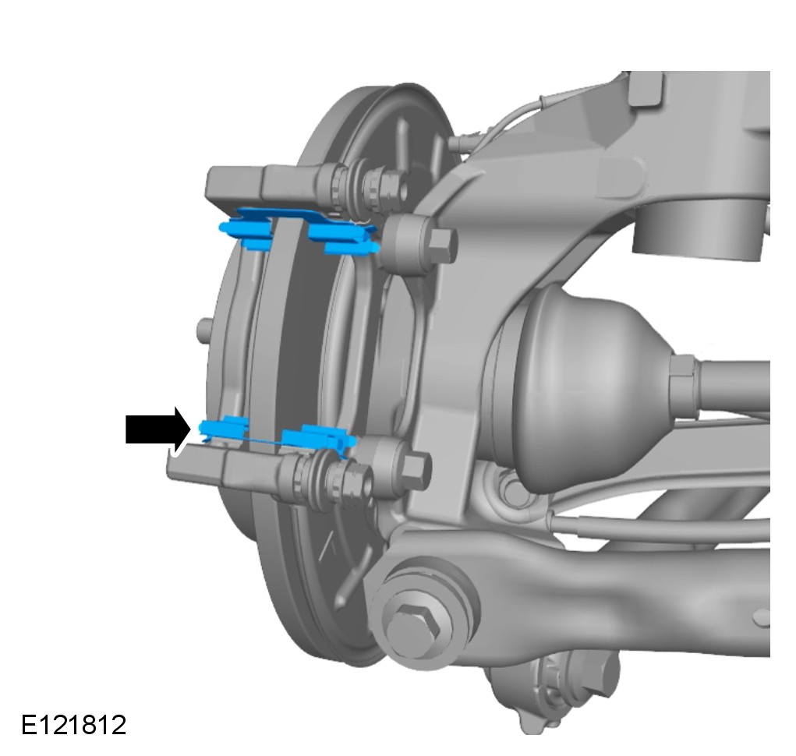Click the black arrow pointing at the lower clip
(x=157, y=429)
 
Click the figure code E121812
(x=73, y=725)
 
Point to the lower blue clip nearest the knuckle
(x=318, y=437)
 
